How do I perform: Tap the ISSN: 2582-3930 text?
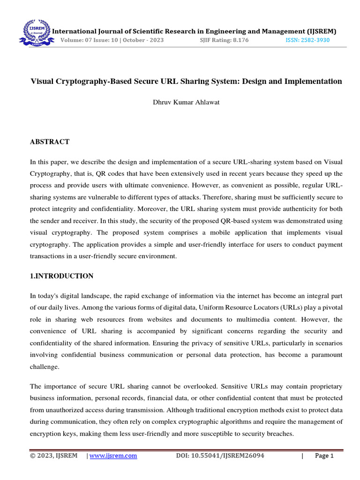(x=307, y=40)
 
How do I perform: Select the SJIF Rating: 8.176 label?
(x=224, y=40)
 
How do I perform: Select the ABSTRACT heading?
(x=50, y=142)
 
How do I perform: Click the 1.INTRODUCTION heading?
(x=62, y=276)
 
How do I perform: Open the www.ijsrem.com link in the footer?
(x=113, y=456)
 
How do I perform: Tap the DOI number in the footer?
(x=220, y=456)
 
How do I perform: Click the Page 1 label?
(x=324, y=456)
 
